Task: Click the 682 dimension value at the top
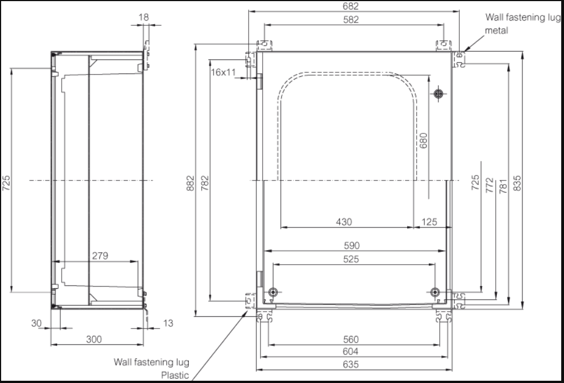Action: coord(351,6)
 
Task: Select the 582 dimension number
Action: coord(351,20)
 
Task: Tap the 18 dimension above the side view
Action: coord(143,17)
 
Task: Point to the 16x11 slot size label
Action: coord(223,72)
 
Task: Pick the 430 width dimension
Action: coord(344,222)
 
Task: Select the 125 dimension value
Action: coord(428,222)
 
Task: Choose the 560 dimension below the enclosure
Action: coord(351,339)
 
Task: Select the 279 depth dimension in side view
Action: coord(100,256)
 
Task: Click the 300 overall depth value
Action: coord(94,339)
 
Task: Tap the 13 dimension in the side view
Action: coord(168,323)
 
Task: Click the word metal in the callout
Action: coord(496,30)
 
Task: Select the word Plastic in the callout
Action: coord(175,375)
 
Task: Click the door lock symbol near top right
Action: coord(438,93)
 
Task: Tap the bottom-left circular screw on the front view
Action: coord(273,292)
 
